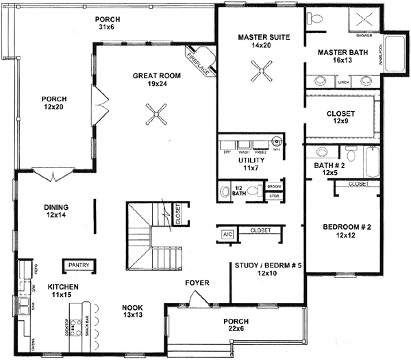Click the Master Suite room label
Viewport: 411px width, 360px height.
260,41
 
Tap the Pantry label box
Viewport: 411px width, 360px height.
79,264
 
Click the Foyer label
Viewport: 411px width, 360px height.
197,283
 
